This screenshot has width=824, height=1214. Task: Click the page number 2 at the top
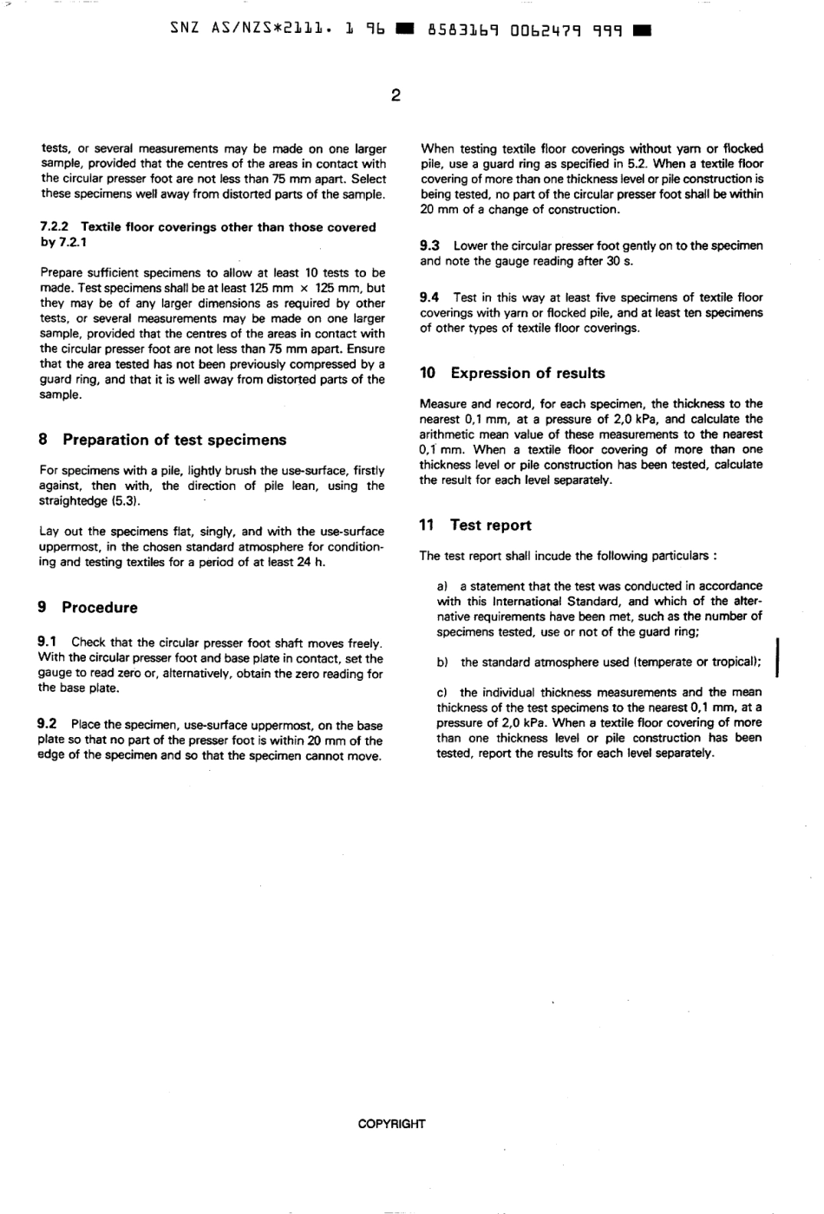pyautogui.click(x=395, y=95)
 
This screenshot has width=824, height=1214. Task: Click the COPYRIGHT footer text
pyautogui.click(x=392, y=1124)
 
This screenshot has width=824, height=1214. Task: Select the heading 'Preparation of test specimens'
pyautogui.click(x=173, y=440)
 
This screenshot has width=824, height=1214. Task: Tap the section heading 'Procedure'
pyautogui.click(x=99, y=608)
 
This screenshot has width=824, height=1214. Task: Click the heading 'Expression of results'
pyautogui.click(x=527, y=374)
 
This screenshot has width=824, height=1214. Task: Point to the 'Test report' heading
pyautogui.click(x=490, y=525)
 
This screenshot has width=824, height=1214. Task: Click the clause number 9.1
pyautogui.click(x=48, y=643)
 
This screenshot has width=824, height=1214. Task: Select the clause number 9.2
pyautogui.click(x=48, y=725)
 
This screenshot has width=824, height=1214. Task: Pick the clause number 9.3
pyautogui.click(x=429, y=246)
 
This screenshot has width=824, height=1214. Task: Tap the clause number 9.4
pyautogui.click(x=429, y=297)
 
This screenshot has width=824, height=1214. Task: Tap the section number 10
pyautogui.click(x=428, y=374)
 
